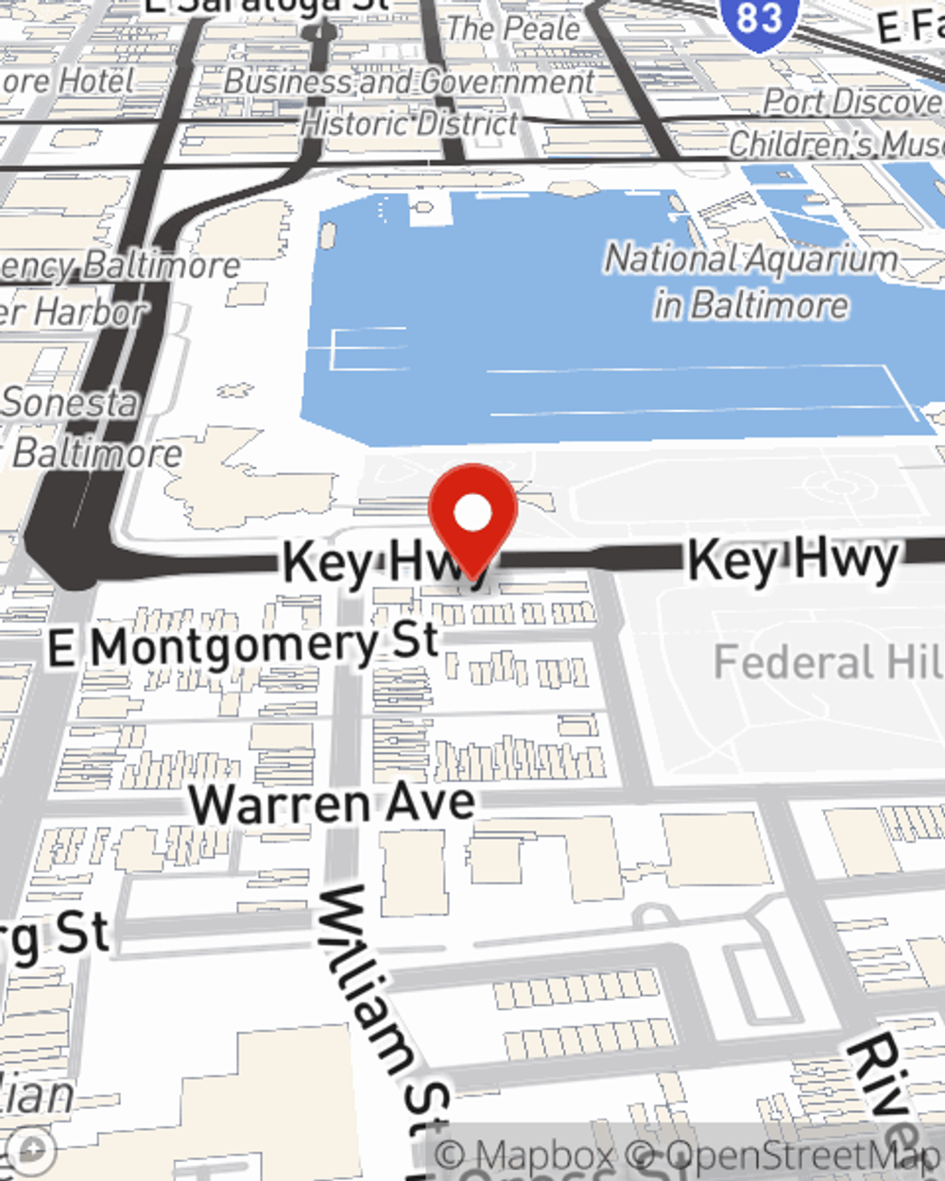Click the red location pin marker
pos(472,515)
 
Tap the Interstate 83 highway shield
pos(758,17)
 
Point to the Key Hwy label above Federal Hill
pos(792,559)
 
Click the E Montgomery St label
pos(244,646)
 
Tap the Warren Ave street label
pos(332,804)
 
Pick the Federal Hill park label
pos(828,662)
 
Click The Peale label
pos(513,28)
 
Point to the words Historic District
pos(409,122)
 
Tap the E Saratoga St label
pos(266,6)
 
